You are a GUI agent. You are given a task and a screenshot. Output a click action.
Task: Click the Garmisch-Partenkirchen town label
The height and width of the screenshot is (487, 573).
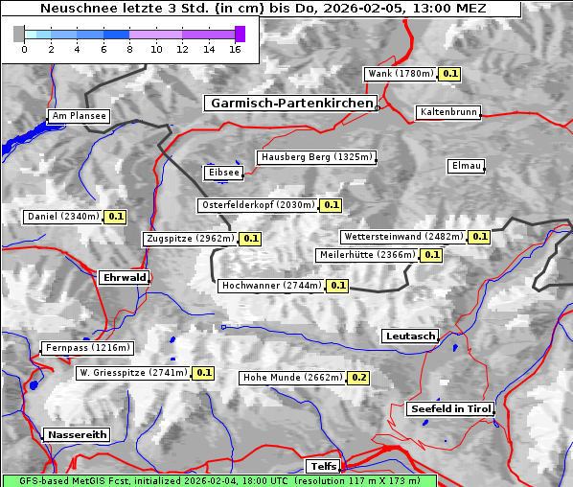(289, 103)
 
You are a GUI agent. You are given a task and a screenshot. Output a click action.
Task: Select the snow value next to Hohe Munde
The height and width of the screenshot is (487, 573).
(358, 378)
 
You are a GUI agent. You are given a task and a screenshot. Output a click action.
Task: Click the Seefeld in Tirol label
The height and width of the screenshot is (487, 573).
(449, 408)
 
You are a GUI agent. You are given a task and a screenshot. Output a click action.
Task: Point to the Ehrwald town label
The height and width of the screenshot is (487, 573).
(125, 277)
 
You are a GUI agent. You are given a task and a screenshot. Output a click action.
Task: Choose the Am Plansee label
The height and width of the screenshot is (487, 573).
(79, 116)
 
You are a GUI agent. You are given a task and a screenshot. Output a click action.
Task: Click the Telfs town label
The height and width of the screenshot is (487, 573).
(322, 466)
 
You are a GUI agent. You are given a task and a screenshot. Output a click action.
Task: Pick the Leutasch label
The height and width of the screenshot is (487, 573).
(410, 336)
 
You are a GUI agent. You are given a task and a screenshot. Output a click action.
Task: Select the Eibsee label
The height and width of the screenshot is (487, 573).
(222, 173)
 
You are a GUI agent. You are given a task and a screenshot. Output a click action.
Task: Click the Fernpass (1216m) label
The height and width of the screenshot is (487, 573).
(86, 348)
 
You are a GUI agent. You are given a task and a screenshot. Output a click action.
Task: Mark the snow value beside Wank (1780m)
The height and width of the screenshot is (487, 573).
(450, 74)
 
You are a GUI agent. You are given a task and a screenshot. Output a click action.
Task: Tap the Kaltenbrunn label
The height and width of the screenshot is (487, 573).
(447, 112)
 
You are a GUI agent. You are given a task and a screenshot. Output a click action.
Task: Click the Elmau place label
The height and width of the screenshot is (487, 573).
(466, 166)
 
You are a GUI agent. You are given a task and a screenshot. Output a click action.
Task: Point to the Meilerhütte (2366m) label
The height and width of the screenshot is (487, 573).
(367, 255)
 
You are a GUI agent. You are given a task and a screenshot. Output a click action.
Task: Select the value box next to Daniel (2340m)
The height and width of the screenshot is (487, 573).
(116, 217)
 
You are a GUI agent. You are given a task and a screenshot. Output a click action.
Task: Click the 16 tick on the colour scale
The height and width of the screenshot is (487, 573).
(235, 48)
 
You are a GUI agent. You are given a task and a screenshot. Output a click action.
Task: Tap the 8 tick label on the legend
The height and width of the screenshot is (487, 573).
(129, 48)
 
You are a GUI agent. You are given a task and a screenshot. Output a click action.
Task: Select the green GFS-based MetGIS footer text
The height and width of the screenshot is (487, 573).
(218, 480)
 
